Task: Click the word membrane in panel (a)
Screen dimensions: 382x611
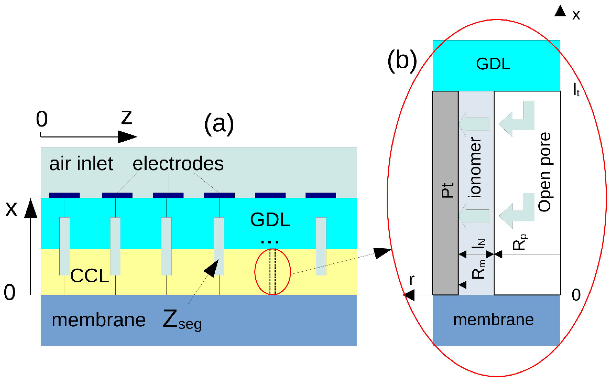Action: click(99, 320)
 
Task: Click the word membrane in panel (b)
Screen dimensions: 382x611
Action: click(493, 320)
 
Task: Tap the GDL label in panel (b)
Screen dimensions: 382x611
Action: click(493, 64)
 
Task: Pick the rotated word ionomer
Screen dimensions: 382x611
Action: click(476, 167)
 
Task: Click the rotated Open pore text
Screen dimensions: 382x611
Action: click(544, 172)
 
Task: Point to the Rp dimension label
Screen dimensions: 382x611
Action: click(520, 242)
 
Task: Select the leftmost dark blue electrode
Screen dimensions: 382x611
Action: click(64, 195)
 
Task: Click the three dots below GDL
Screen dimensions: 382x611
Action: click(270, 242)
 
